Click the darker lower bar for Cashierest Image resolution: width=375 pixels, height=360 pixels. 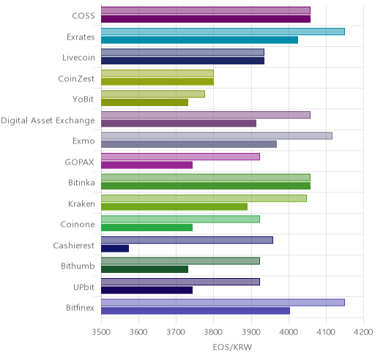click(x=115, y=249)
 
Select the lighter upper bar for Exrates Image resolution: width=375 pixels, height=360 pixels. click(x=223, y=31)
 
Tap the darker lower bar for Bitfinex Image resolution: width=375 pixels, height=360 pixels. click(x=196, y=311)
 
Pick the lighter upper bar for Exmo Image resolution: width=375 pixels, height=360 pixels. click(x=217, y=136)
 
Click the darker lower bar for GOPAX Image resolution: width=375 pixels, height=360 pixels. click(x=146, y=165)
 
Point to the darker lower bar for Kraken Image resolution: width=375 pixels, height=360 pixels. click(x=174, y=207)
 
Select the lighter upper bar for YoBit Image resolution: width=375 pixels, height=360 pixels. click(x=153, y=94)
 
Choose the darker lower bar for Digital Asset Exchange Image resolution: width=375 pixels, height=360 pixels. click(x=179, y=124)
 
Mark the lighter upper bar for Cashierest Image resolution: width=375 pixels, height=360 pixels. click(x=187, y=240)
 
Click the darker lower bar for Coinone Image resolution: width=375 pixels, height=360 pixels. click(x=146, y=228)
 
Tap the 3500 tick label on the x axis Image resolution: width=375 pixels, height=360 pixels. click(x=101, y=332)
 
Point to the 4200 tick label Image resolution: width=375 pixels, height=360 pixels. click(x=363, y=332)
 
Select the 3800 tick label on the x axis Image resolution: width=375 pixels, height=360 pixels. click(x=213, y=332)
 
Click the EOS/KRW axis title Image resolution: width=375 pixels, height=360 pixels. click(x=232, y=347)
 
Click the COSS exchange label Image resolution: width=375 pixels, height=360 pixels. click(x=83, y=16)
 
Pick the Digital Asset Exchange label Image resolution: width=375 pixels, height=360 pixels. click(x=48, y=121)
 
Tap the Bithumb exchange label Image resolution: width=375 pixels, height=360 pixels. click(x=78, y=266)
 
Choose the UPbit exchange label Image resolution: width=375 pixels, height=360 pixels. click(x=83, y=287)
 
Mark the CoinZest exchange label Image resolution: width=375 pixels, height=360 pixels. click(x=76, y=78)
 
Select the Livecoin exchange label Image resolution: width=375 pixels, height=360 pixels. click(x=78, y=58)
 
